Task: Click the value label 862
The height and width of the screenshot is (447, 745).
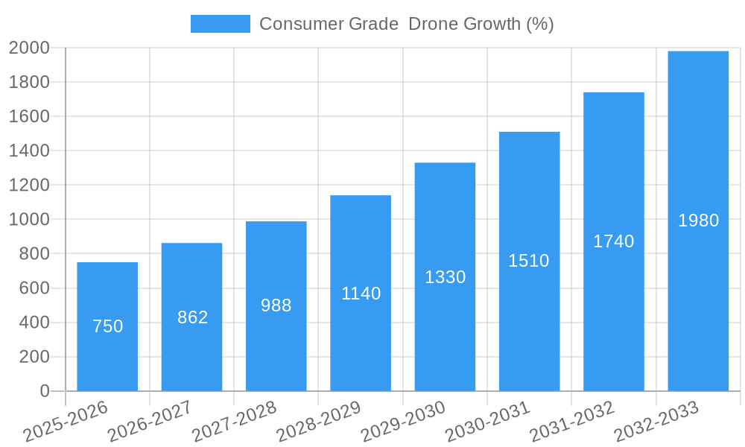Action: coord(192,317)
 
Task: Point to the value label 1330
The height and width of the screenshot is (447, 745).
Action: coord(445,277)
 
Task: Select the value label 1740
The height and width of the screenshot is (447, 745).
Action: coord(613,241)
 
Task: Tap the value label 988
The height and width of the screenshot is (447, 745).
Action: coord(276,305)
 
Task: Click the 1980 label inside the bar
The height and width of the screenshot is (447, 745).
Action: coord(698,221)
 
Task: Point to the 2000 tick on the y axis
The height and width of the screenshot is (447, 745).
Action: coord(29,48)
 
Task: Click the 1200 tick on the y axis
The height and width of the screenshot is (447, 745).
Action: coord(29,185)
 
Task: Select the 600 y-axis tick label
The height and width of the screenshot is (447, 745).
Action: coord(34,288)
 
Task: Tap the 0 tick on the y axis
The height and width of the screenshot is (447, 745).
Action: coord(45,391)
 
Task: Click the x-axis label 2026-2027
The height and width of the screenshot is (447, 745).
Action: coord(149,422)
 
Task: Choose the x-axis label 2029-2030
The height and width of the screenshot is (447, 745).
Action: coord(402,422)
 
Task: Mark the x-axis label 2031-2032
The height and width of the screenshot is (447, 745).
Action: coord(571,422)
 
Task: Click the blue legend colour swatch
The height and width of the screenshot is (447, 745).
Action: coord(220,24)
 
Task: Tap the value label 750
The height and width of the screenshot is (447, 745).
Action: coord(107,326)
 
